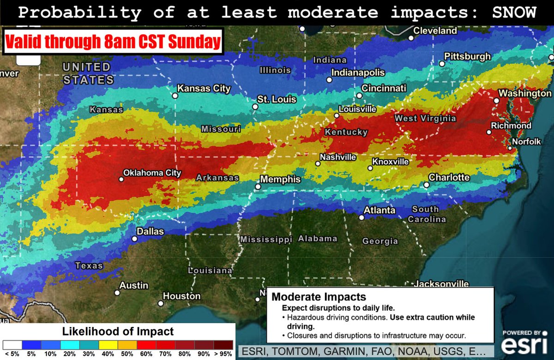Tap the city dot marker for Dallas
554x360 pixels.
click(x=134, y=239)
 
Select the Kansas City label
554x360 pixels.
click(x=204, y=89)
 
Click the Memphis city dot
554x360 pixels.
click(x=258, y=187)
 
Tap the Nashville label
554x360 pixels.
click(x=338, y=157)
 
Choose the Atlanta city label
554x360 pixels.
click(x=379, y=210)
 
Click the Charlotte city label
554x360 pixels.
click(x=449, y=178)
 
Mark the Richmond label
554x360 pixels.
click(x=511, y=126)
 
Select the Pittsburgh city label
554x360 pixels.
click(x=467, y=56)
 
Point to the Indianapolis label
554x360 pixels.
click(x=352, y=73)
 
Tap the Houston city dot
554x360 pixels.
click(x=160, y=304)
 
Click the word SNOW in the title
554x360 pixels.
click(x=512, y=12)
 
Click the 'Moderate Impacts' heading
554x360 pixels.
click(x=319, y=297)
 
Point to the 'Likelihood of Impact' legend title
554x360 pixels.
click(x=118, y=331)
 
